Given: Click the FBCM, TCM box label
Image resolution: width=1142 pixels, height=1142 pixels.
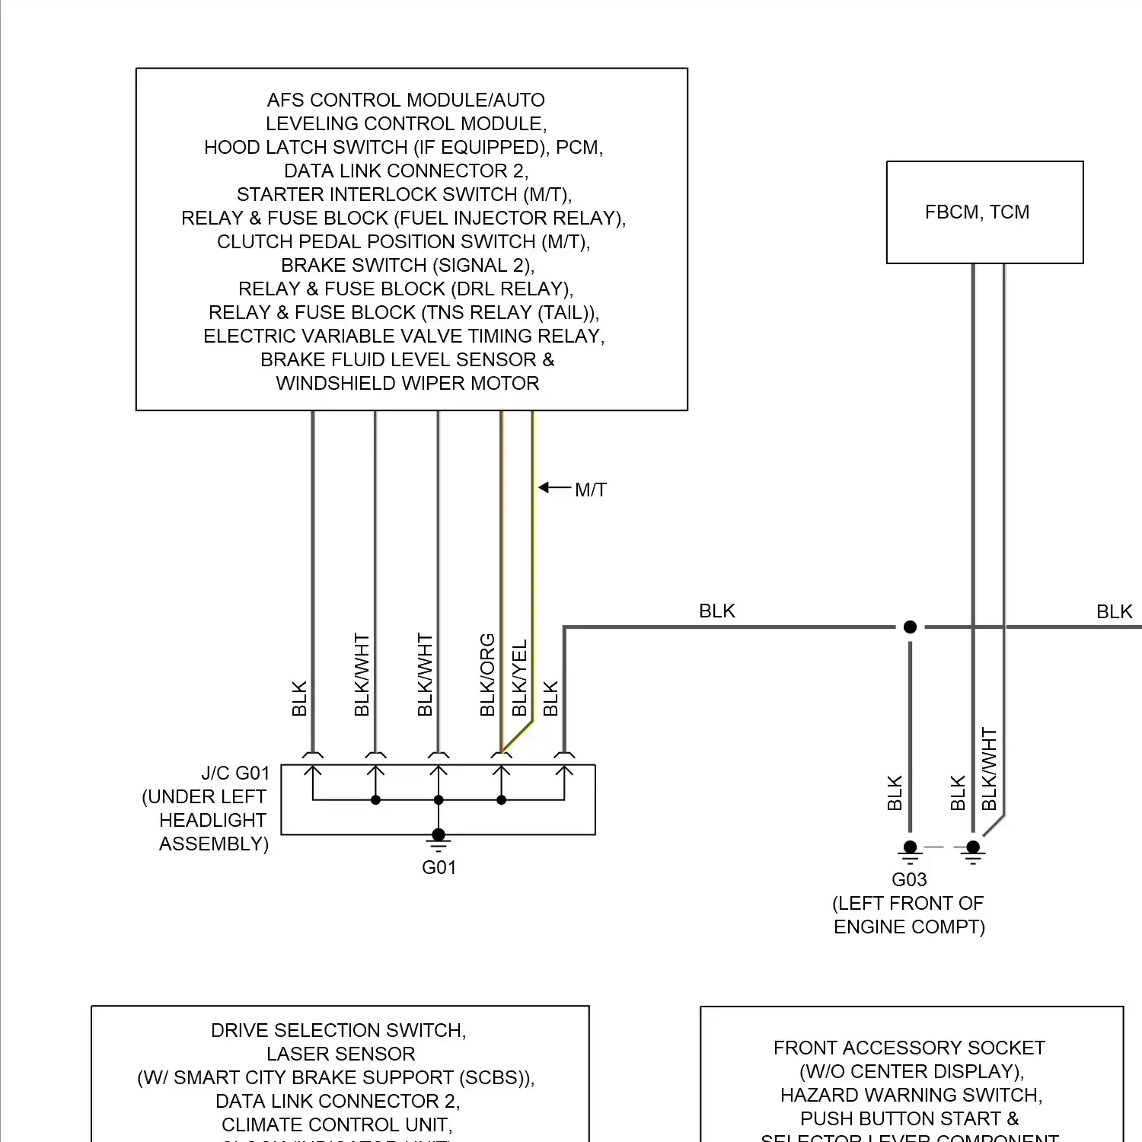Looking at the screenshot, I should (x=977, y=212).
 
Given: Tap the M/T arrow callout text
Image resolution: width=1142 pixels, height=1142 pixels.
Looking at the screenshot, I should (x=590, y=490).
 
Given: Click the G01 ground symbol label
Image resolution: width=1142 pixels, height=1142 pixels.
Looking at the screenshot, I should (x=439, y=868).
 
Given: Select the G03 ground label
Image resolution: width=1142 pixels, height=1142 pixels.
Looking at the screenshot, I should (x=909, y=880).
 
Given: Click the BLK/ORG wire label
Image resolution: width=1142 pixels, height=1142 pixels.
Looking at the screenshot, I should (x=487, y=675).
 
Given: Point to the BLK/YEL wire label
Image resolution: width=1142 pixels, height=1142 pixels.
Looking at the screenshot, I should (x=519, y=678).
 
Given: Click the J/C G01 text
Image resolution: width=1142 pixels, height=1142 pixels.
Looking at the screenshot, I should (x=235, y=774).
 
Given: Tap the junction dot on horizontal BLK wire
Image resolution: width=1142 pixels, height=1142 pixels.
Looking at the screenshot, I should (x=910, y=627).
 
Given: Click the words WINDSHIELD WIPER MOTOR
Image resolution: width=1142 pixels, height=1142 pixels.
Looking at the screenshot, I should (x=407, y=384).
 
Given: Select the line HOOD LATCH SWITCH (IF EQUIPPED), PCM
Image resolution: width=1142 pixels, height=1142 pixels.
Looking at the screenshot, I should (x=404, y=148).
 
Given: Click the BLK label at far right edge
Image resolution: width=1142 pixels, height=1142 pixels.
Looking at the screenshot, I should (x=1114, y=612).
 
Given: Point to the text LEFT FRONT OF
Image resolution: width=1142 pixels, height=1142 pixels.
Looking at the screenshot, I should (x=908, y=904).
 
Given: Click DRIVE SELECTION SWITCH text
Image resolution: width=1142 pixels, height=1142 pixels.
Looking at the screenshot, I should (x=338, y=1031).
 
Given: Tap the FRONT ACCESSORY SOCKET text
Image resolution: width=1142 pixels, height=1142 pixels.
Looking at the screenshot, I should (x=909, y=1048).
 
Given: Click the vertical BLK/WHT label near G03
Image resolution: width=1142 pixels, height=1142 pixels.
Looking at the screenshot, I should (x=989, y=769).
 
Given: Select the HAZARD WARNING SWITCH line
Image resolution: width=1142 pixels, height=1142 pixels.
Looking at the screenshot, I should (x=911, y=1096).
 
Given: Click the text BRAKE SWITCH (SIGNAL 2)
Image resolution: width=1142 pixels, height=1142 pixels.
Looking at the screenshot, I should (x=407, y=266).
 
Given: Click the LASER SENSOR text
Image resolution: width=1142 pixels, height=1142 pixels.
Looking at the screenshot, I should (x=340, y=1054).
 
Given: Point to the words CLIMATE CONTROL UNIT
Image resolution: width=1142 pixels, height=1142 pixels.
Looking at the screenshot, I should (x=337, y=1125).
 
